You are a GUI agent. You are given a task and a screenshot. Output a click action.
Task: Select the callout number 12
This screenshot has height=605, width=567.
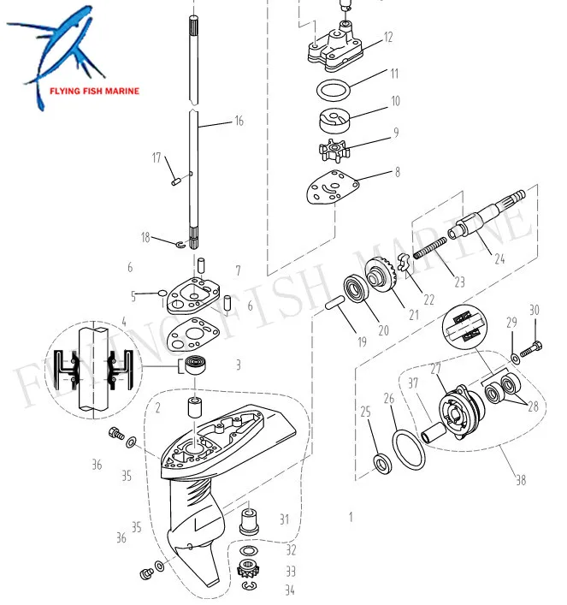(388, 38)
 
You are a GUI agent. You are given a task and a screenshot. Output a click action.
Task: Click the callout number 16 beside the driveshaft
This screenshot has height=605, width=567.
(239, 122)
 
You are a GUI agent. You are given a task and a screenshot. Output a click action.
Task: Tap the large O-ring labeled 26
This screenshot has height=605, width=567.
(409, 448)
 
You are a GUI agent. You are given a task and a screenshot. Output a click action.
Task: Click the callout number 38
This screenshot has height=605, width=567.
(520, 480)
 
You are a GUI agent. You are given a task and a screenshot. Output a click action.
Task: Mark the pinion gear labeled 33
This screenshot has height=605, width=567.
(248, 569)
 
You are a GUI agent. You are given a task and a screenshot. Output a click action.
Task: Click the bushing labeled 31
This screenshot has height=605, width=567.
(249, 518)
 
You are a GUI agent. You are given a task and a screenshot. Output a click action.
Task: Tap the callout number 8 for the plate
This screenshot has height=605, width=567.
(396, 172)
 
